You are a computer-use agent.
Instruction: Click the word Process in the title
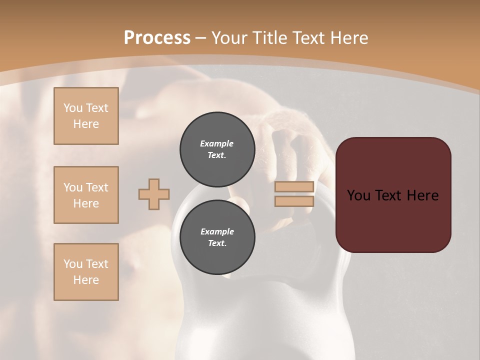point(157,38)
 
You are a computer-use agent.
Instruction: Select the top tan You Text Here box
point(86,116)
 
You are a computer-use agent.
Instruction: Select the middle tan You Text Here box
point(86,195)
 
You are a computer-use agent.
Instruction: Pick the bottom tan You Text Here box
point(86,272)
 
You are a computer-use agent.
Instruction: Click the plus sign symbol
point(154,194)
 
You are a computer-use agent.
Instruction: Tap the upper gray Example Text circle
point(217,149)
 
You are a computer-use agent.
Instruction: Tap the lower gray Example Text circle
point(217,237)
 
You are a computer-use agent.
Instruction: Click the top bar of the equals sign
point(294,187)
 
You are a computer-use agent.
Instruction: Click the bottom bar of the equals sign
point(294,201)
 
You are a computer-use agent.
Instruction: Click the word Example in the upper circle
point(217,143)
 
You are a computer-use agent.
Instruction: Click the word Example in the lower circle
point(217,231)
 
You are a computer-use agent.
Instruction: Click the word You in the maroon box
point(359,195)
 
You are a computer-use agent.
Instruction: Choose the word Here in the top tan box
point(86,124)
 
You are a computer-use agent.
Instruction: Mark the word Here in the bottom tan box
point(86,280)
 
